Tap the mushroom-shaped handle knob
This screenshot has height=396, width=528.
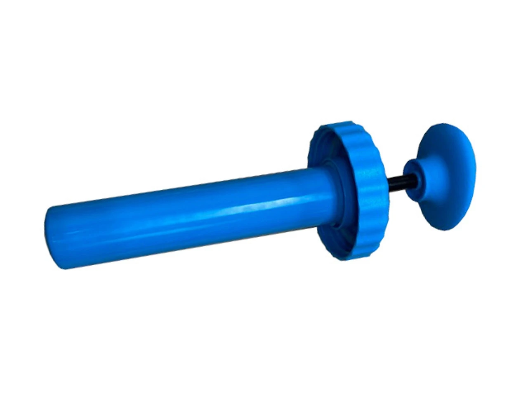click(x=445, y=173)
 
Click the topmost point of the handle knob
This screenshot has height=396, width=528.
click(x=443, y=123)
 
